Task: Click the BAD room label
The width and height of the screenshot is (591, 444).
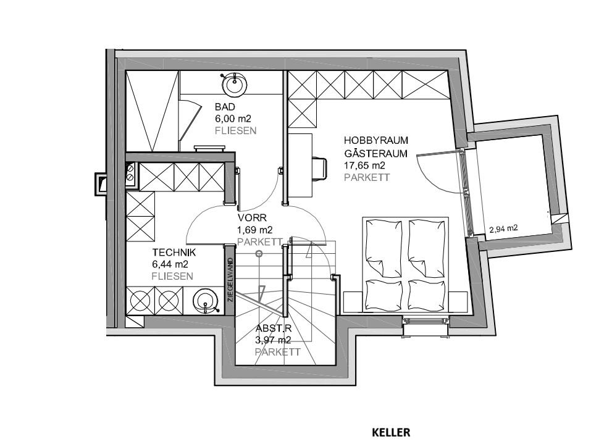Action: pyautogui.click(x=225, y=106)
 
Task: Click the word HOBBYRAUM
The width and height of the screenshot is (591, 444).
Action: pyautogui.click(x=376, y=141)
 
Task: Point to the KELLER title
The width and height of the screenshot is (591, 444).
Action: pyautogui.click(x=391, y=433)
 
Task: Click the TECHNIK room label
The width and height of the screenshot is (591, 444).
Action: pyautogui.click(x=174, y=253)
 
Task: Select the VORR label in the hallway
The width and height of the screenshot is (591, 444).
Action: pyautogui.click(x=251, y=218)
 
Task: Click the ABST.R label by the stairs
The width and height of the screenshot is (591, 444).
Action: pyautogui.click(x=272, y=328)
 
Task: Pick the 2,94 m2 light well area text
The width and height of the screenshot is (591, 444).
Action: pyautogui.click(x=503, y=228)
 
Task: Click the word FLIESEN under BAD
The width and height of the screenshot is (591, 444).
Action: pyautogui.click(x=235, y=131)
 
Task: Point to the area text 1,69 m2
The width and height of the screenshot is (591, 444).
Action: pyautogui.click(x=255, y=230)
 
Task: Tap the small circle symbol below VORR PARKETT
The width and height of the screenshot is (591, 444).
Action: pyautogui.click(x=259, y=254)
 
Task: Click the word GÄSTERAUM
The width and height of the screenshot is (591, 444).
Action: pyautogui.click(x=376, y=153)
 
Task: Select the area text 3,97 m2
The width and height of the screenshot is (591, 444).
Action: pyautogui.click(x=272, y=340)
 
